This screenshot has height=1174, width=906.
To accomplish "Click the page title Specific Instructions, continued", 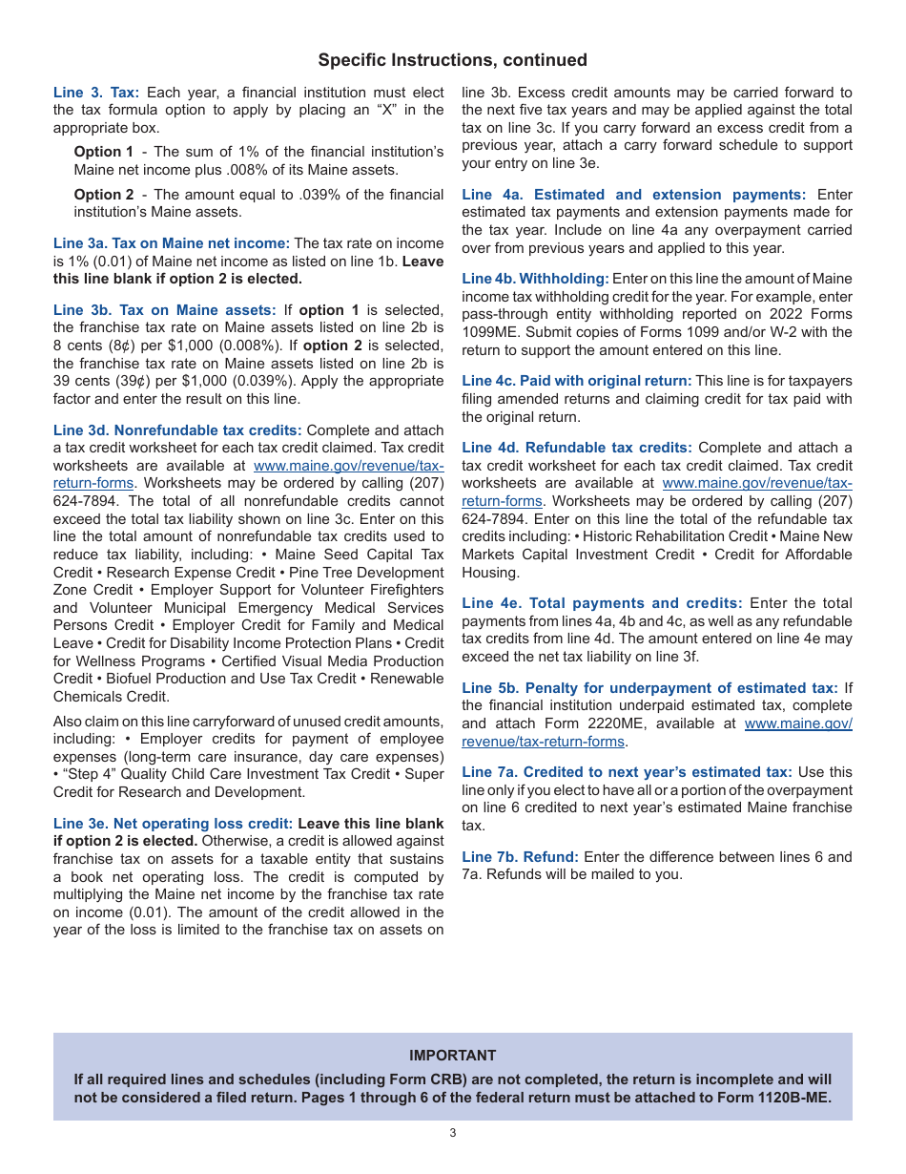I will point(452,60).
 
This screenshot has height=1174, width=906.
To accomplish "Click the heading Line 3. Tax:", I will point(96,93).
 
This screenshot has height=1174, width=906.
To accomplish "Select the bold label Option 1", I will point(104,152).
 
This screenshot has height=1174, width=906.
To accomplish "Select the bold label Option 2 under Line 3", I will point(104,195).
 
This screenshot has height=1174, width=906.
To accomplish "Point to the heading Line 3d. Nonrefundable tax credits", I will point(177,430).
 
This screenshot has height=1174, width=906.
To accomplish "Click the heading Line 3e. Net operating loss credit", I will point(173,824).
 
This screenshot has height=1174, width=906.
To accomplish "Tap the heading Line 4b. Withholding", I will point(535,279).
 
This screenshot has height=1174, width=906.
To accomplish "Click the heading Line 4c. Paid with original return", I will point(577,381).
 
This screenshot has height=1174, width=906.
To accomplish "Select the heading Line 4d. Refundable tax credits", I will point(577,448).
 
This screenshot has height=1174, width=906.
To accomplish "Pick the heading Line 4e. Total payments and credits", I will point(602,603).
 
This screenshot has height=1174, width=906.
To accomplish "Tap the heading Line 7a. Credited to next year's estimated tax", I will point(627,772).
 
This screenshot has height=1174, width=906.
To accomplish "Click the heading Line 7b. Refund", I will point(520,857).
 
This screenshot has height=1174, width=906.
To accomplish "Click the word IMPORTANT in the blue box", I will point(452,1056).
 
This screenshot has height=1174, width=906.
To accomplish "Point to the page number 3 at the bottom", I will point(453,1133).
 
